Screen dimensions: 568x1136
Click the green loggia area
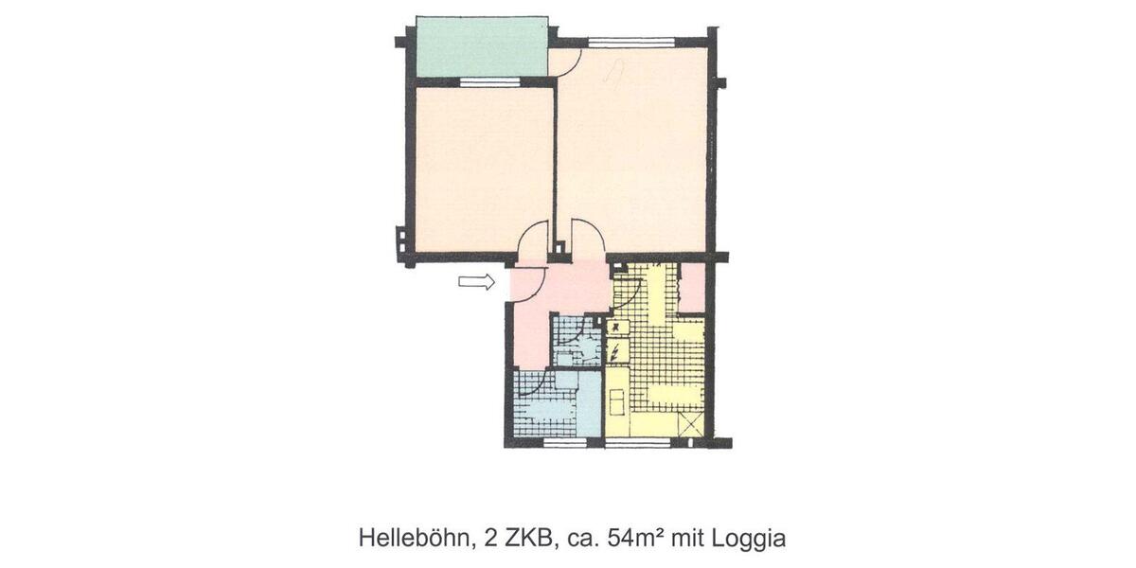tap(482, 47)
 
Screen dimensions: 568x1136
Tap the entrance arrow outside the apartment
tap(476, 281)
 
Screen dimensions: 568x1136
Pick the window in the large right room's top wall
tap(630, 42)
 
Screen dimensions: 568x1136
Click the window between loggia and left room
tap(491, 82)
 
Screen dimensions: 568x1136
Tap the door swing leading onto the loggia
tap(566, 62)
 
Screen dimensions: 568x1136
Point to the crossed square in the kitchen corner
tap(692, 424)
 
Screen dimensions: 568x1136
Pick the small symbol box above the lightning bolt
tap(616, 327)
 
